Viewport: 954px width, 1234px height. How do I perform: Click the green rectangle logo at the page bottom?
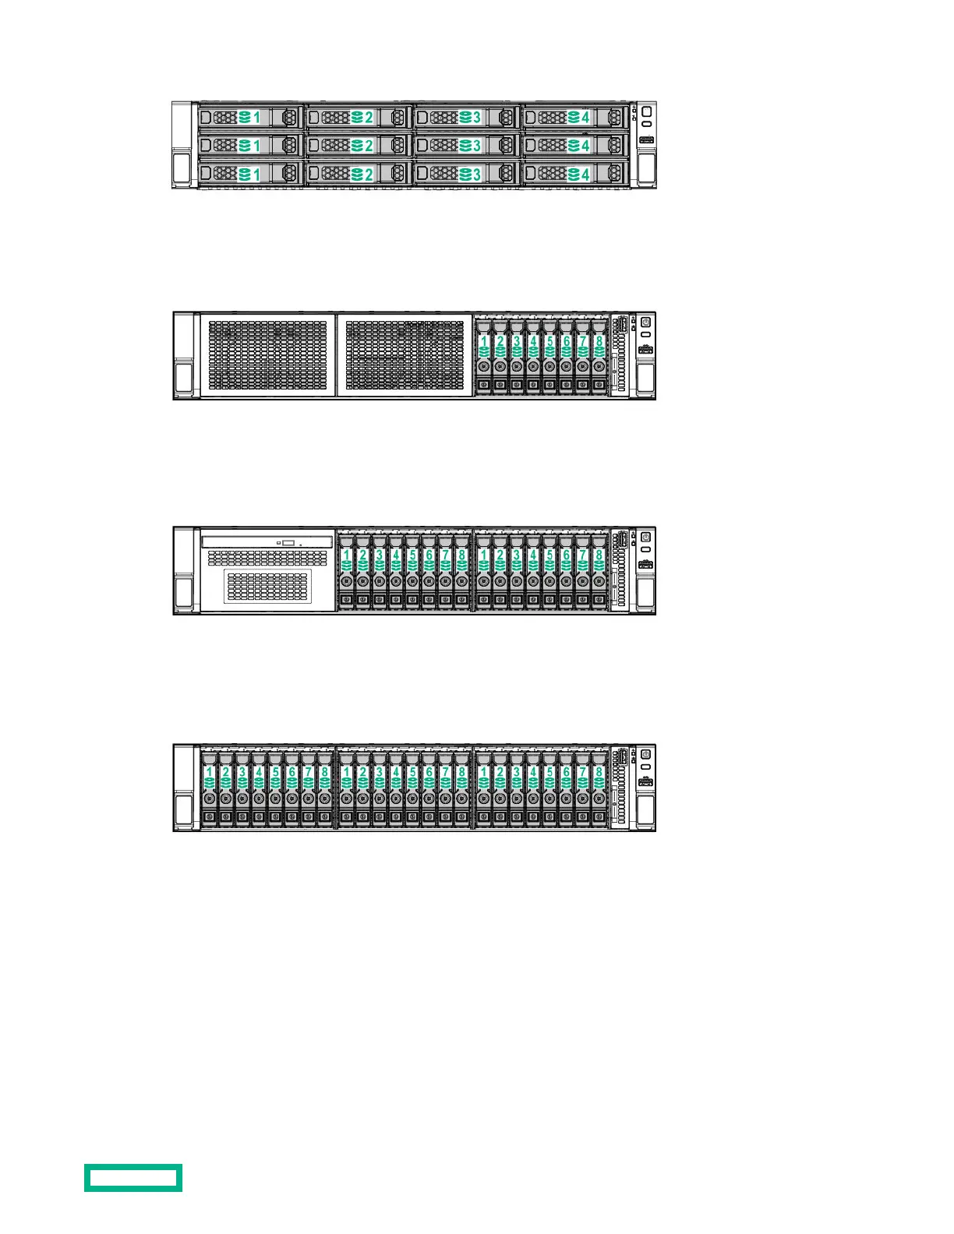coord(133,1177)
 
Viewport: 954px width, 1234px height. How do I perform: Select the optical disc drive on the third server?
coord(267,541)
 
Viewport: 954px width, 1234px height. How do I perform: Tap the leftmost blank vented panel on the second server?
coord(267,355)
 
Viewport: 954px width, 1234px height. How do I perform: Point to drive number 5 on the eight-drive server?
coord(549,355)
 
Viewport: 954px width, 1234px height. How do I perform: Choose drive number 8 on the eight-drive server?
coord(599,355)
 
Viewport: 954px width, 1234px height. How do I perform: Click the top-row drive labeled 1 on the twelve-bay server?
coord(250,118)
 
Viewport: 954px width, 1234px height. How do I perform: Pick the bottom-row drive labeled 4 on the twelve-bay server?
coord(575,173)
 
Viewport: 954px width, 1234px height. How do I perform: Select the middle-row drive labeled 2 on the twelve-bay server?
coord(359,146)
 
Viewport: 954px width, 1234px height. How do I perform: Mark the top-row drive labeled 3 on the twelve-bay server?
coord(467,118)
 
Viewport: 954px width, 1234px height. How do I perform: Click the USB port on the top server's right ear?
coord(646,140)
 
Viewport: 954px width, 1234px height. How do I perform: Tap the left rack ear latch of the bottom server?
coord(184,810)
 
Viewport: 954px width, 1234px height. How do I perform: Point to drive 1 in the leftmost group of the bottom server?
coord(209,788)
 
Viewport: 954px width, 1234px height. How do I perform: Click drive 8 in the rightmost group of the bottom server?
coord(599,788)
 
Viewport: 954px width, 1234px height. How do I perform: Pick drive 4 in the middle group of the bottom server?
coord(396,788)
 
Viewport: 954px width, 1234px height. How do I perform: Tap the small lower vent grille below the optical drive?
coord(267,585)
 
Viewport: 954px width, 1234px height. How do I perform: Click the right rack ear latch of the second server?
coord(645,379)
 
